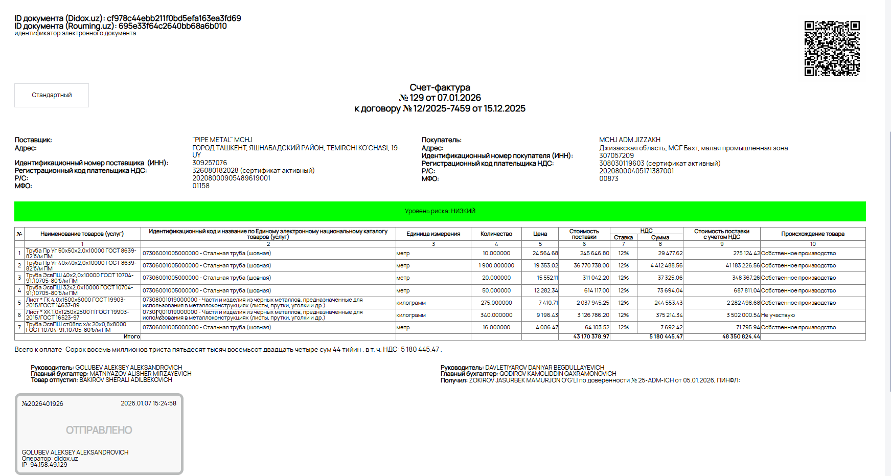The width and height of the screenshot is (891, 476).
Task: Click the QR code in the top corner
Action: tap(832, 49)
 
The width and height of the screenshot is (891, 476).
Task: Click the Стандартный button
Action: tap(52, 95)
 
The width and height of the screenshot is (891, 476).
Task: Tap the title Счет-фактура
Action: tap(440, 87)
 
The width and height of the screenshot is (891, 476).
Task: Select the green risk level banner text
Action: tap(440, 211)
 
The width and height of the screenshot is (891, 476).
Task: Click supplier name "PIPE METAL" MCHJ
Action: tap(222, 140)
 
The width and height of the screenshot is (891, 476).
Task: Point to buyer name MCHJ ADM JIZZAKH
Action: tap(629, 140)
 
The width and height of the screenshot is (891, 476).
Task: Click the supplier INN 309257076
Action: tap(210, 163)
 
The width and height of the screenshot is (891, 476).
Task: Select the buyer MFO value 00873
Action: tap(609, 178)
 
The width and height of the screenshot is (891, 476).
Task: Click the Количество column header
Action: tap(496, 234)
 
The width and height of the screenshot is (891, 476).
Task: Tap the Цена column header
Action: tap(540, 234)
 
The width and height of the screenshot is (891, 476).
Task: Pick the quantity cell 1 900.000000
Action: tap(496, 265)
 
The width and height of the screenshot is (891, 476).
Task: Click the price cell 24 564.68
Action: tap(545, 253)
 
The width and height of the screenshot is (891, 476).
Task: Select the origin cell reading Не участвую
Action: tap(778, 315)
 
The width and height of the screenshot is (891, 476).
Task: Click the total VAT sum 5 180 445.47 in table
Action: tap(666, 336)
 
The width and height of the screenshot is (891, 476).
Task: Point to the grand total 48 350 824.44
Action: tap(741, 336)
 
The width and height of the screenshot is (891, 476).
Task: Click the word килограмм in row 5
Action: tap(411, 303)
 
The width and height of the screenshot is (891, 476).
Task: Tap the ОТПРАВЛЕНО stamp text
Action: tap(99, 430)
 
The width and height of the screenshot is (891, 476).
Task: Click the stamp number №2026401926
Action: tap(42, 403)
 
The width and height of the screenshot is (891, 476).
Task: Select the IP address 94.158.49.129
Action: tap(49, 465)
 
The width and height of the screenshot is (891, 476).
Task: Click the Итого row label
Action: tap(131, 336)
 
